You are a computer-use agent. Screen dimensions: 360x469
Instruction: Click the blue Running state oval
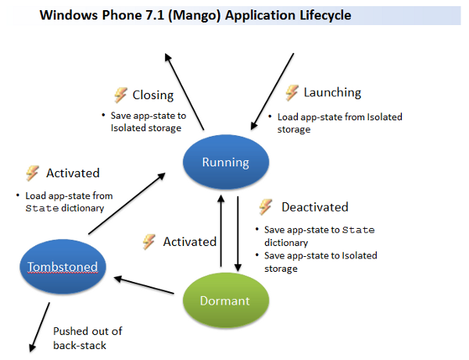225,162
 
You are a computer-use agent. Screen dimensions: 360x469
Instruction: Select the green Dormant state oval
225,300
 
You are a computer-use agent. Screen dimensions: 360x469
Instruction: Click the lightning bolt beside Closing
120,95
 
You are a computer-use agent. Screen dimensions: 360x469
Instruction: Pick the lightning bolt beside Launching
292,92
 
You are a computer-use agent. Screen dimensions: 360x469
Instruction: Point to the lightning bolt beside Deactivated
265,207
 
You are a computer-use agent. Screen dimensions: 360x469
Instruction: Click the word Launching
331,92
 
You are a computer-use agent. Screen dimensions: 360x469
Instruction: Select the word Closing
152,95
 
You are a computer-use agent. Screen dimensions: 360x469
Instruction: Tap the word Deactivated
314,208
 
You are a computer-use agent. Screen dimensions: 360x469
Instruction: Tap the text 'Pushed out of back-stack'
87,337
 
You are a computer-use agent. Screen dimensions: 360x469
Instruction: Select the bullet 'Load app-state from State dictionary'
69,201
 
